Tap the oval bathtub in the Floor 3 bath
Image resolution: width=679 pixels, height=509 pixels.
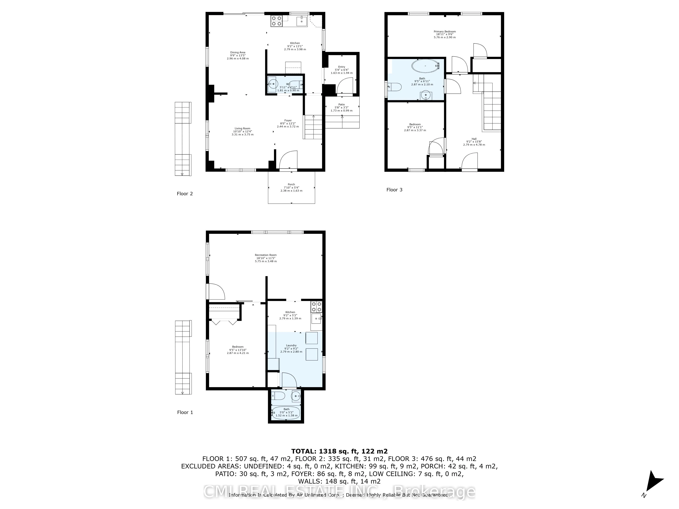pyautogui.click(x=425, y=66)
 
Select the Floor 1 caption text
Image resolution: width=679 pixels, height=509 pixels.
pyautogui.click(x=185, y=412)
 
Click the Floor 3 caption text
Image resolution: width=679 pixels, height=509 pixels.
pyautogui.click(x=394, y=190)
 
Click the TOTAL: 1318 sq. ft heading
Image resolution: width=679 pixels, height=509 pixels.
pyautogui.click(x=339, y=451)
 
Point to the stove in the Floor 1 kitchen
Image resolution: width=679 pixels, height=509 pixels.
pyautogui.click(x=316, y=307)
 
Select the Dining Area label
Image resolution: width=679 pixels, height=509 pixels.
pyautogui.click(x=238, y=55)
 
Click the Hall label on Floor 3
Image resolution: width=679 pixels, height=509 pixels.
pyautogui.click(x=474, y=142)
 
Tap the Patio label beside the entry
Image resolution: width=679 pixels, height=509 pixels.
pyautogui.click(x=341, y=107)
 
